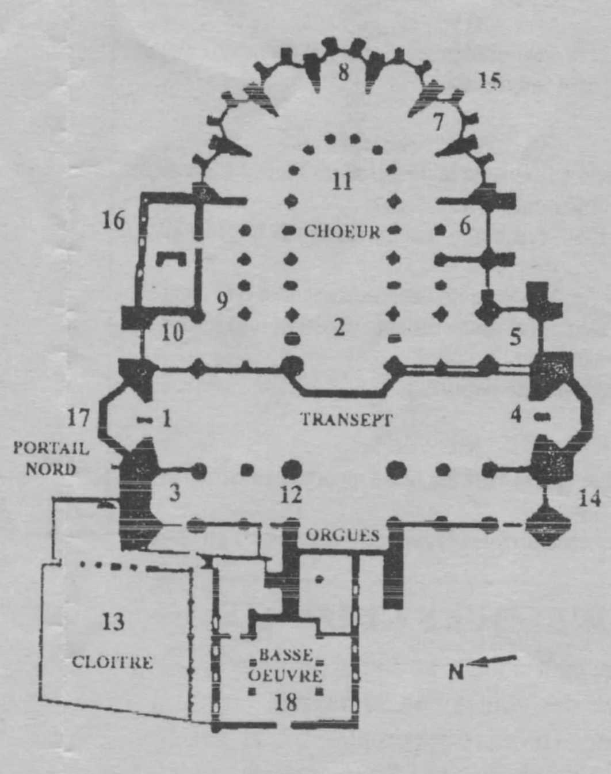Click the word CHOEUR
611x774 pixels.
point(342,231)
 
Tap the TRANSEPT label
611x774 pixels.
point(346,420)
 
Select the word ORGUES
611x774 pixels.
point(342,536)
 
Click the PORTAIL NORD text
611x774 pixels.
point(51,459)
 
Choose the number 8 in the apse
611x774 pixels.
point(343,73)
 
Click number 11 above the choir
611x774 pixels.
point(341,181)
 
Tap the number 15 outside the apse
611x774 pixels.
point(490,81)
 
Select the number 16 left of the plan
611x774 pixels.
point(114,220)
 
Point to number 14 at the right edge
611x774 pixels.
point(589,499)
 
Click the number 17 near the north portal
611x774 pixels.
point(78,418)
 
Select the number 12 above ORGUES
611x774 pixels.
point(292,495)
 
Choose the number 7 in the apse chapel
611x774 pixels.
point(438,122)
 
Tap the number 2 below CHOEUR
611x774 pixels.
point(339,327)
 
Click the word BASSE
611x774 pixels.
point(286,655)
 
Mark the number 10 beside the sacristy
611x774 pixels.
point(173,333)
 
